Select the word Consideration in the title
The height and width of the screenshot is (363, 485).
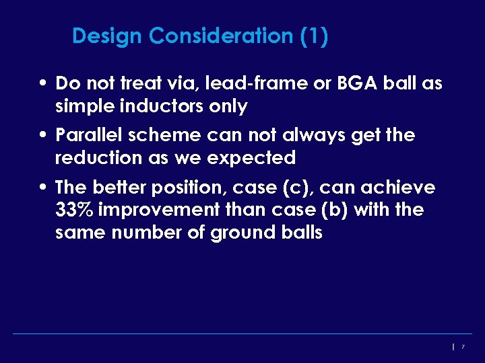click(x=222, y=36)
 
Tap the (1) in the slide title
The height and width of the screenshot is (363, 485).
click(x=315, y=36)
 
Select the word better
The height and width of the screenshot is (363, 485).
click(x=119, y=187)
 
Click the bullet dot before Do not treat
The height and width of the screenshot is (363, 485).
click(x=42, y=84)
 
